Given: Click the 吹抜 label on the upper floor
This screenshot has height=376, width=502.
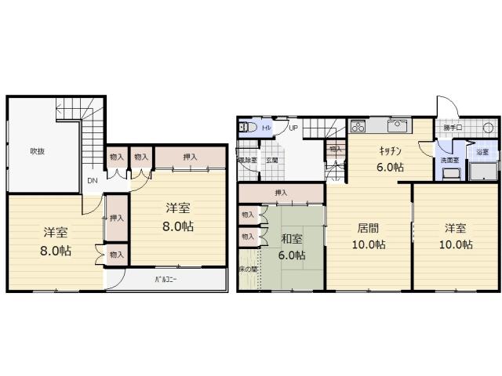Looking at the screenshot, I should pos(37,151).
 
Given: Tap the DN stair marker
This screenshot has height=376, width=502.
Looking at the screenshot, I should pos(92,182).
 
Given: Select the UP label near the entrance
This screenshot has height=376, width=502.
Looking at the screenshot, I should pos(293,128).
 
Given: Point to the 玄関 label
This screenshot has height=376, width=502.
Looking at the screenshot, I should pos(271,160).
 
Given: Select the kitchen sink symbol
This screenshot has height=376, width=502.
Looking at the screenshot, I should pos(396,126).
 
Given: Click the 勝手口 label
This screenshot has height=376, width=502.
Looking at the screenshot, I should pos(453,127).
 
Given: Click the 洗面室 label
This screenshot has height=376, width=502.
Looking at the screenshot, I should pos(449,160).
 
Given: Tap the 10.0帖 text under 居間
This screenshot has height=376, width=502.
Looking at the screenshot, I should pos(368,244).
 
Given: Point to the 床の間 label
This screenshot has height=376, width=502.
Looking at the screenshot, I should pos(247,269).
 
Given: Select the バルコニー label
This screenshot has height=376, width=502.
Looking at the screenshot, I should pos(164,279).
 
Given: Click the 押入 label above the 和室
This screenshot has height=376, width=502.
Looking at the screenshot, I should pos(280,193).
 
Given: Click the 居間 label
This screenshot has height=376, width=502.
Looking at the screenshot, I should pos(368,229).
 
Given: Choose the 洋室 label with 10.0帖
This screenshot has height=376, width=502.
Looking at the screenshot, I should pos(456,229).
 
